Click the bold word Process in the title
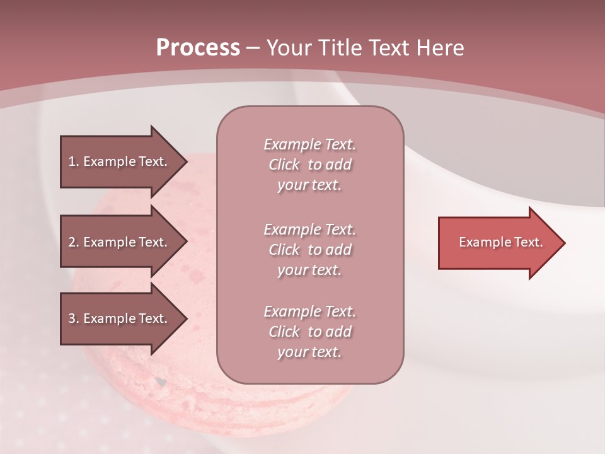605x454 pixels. coord(198,48)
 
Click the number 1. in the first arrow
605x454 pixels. coord(73,161)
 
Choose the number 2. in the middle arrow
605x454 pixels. coord(73,242)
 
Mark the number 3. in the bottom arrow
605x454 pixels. coord(73,318)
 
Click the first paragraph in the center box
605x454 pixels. coord(309,165)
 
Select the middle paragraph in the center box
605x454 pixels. coord(309,250)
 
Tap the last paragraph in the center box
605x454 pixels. coord(309,332)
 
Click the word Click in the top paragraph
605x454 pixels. coord(284,165)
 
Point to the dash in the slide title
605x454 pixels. coord(253,48)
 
